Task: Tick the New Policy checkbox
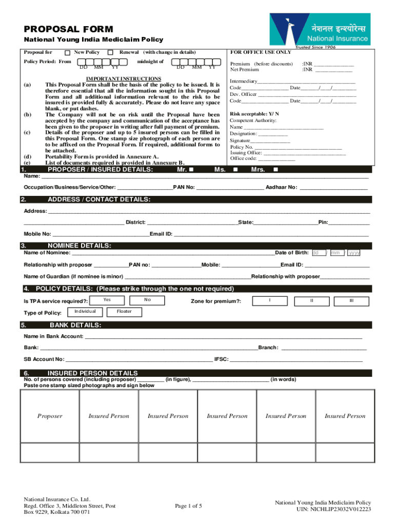click(x=67, y=53)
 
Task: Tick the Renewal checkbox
click(x=110, y=53)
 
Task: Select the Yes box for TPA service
click(x=107, y=299)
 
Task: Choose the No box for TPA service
click(x=147, y=299)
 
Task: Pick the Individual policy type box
click(x=85, y=312)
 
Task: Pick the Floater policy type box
click(x=124, y=312)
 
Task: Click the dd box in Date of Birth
click(x=318, y=253)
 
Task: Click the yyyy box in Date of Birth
click(x=354, y=253)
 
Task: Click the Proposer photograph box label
click(x=50, y=416)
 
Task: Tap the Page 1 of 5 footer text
click(x=188, y=506)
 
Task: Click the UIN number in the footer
click(x=333, y=510)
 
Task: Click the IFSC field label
click(x=221, y=359)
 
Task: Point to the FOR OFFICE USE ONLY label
click(x=261, y=52)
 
